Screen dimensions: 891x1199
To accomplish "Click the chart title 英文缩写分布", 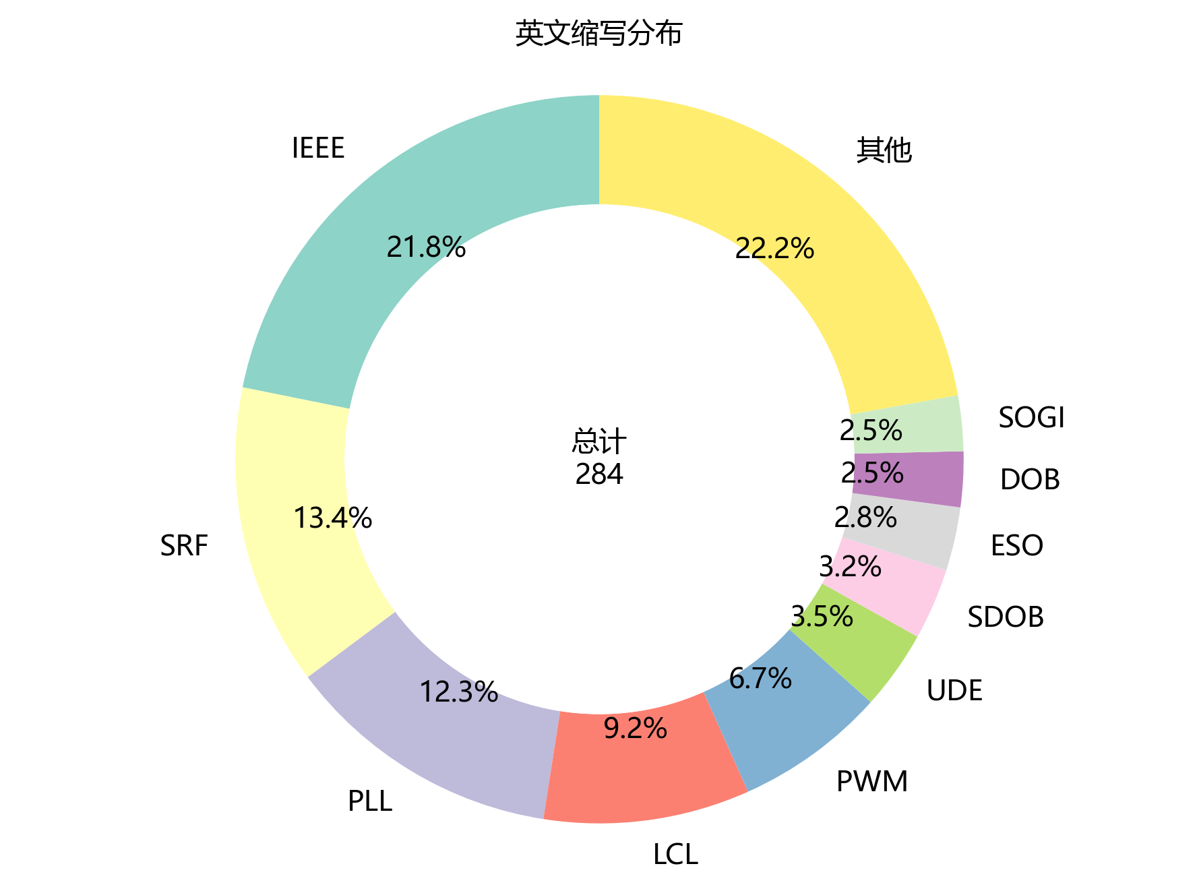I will click(598, 34).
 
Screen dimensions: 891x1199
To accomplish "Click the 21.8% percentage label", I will click(426, 248).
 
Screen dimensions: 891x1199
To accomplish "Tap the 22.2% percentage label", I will click(774, 249).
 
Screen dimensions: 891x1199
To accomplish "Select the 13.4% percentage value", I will click(332, 518).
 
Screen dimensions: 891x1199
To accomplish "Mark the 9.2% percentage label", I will click(635, 729).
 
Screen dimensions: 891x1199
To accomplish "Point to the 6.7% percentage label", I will click(760, 679).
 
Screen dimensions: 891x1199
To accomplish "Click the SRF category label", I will click(184, 546).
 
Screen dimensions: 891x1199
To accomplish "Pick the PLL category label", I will click(370, 801).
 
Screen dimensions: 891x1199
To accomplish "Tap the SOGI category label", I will click(1031, 418).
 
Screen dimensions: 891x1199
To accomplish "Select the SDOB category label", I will click(1006, 617).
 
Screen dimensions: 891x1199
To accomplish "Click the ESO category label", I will click(1016, 546).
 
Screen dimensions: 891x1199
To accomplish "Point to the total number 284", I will click(599, 474).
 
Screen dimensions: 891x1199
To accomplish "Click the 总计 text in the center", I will click(599, 442).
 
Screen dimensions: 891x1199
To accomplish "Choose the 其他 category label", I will click(884, 150).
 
